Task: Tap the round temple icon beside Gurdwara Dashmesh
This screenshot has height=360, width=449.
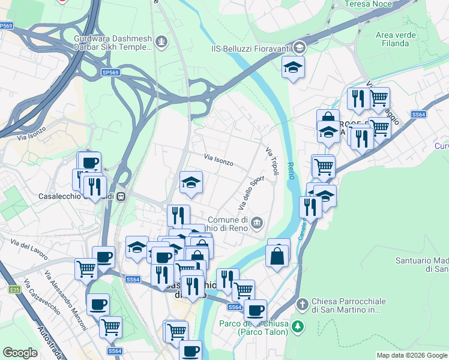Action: pyautogui.click(x=161, y=41)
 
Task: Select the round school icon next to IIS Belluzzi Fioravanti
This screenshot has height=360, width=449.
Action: pyautogui.click(x=300, y=47)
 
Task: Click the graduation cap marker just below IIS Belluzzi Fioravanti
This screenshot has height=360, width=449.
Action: pyautogui.click(x=293, y=67)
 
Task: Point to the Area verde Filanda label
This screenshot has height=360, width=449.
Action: pyautogui.click(x=396, y=39)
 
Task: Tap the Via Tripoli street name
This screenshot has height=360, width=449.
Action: pyautogui.click(x=272, y=161)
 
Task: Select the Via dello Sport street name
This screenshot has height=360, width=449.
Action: pyautogui.click(x=251, y=193)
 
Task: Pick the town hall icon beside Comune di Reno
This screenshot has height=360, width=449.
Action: pyautogui.click(x=257, y=223)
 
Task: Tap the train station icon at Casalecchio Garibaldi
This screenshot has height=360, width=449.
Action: pyautogui.click(x=121, y=196)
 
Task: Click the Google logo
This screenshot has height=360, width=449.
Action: pyautogui.click(x=20, y=353)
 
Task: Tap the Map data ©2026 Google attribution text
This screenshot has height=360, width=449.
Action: pyautogui.click(x=412, y=355)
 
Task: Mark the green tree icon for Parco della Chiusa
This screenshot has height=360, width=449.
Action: pyautogui.click(x=303, y=326)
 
